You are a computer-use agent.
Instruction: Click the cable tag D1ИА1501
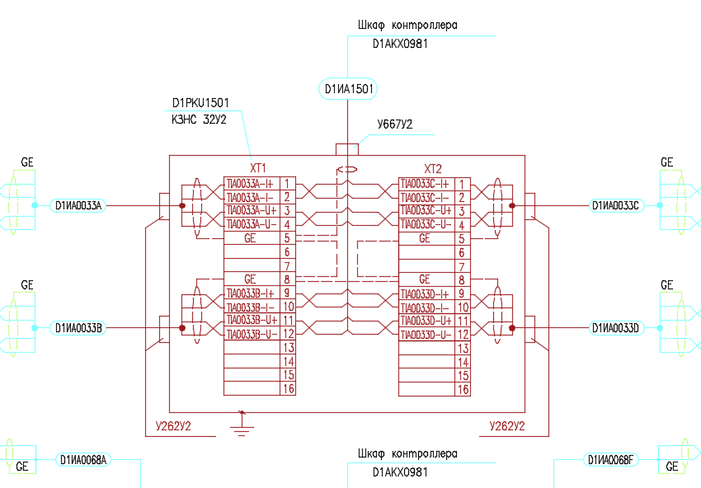point(346,89)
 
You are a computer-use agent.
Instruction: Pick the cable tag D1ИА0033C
point(615,205)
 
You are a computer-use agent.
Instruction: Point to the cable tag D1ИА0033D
point(615,328)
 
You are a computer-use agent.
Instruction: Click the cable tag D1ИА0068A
point(82,460)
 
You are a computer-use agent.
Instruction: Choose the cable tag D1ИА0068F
point(609,459)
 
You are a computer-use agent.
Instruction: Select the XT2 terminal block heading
point(434,167)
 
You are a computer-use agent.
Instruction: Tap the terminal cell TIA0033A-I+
point(252,183)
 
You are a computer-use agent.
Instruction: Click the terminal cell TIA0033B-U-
point(252,334)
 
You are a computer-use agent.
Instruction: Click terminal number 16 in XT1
point(288,389)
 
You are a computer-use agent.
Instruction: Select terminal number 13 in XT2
point(463,348)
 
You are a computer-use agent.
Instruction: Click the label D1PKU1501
point(200,103)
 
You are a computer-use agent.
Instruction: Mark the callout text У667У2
point(394,125)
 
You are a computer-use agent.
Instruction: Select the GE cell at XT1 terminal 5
point(252,238)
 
